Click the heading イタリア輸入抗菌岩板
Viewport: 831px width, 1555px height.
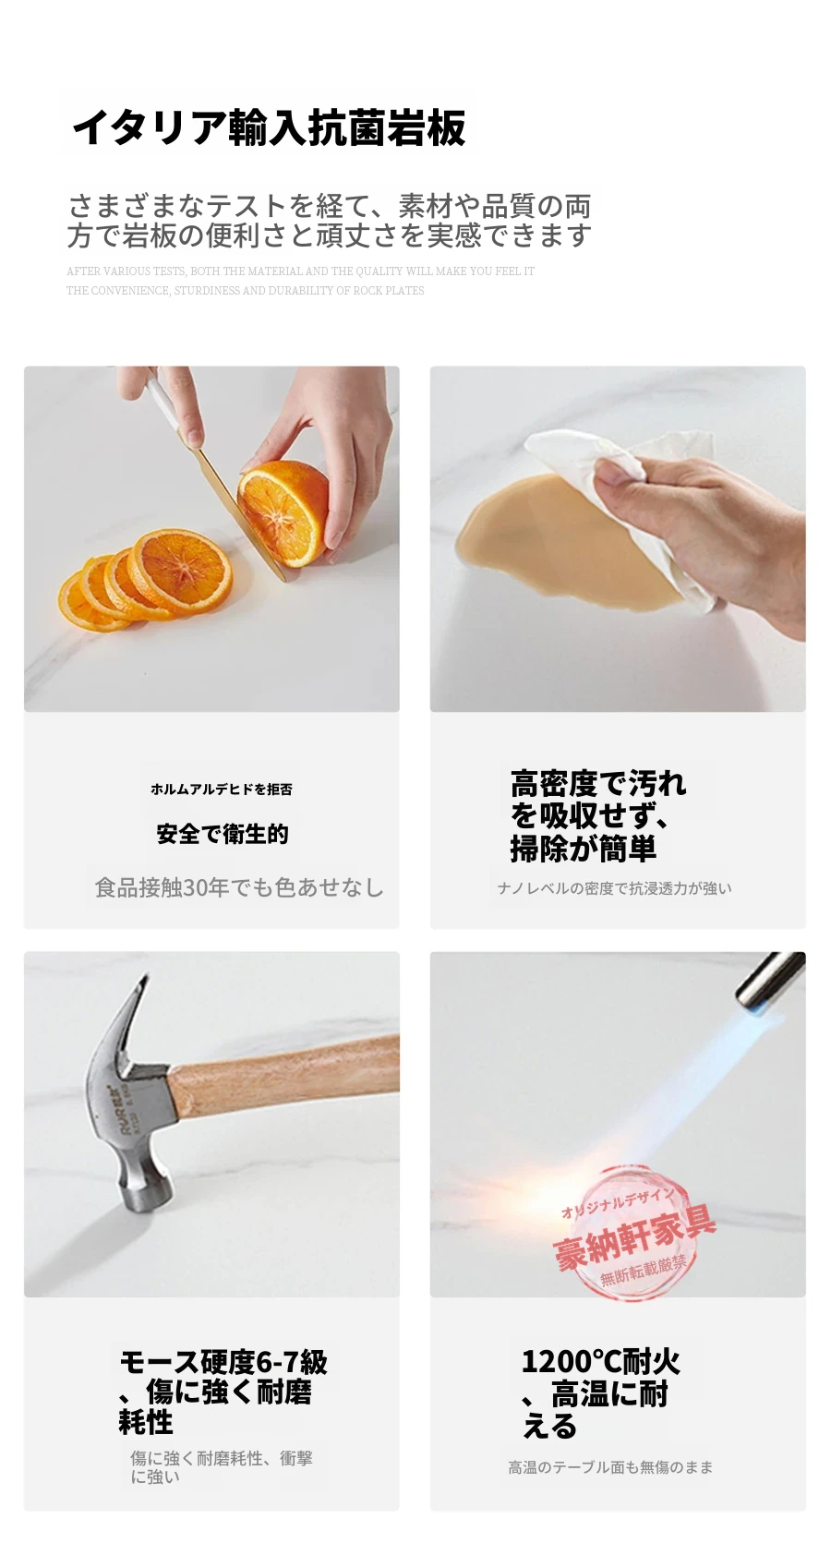[x=269, y=128]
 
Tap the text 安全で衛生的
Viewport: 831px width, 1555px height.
[x=223, y=834]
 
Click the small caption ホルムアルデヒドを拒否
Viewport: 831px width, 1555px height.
[x=222, y=790]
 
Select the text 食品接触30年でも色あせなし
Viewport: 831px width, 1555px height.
[x=239, y=887]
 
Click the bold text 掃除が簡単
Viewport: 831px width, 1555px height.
[x=584, y=848]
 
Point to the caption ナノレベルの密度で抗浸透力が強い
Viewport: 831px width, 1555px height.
[x=614, y=888]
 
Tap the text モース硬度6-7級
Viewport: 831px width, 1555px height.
[x=223, y=1362]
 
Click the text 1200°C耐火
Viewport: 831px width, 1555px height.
[x=600, y=1361]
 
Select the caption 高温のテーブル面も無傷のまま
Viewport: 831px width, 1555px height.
[x=610, y=1467]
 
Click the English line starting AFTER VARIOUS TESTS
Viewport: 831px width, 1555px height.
[x=301, y=271]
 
